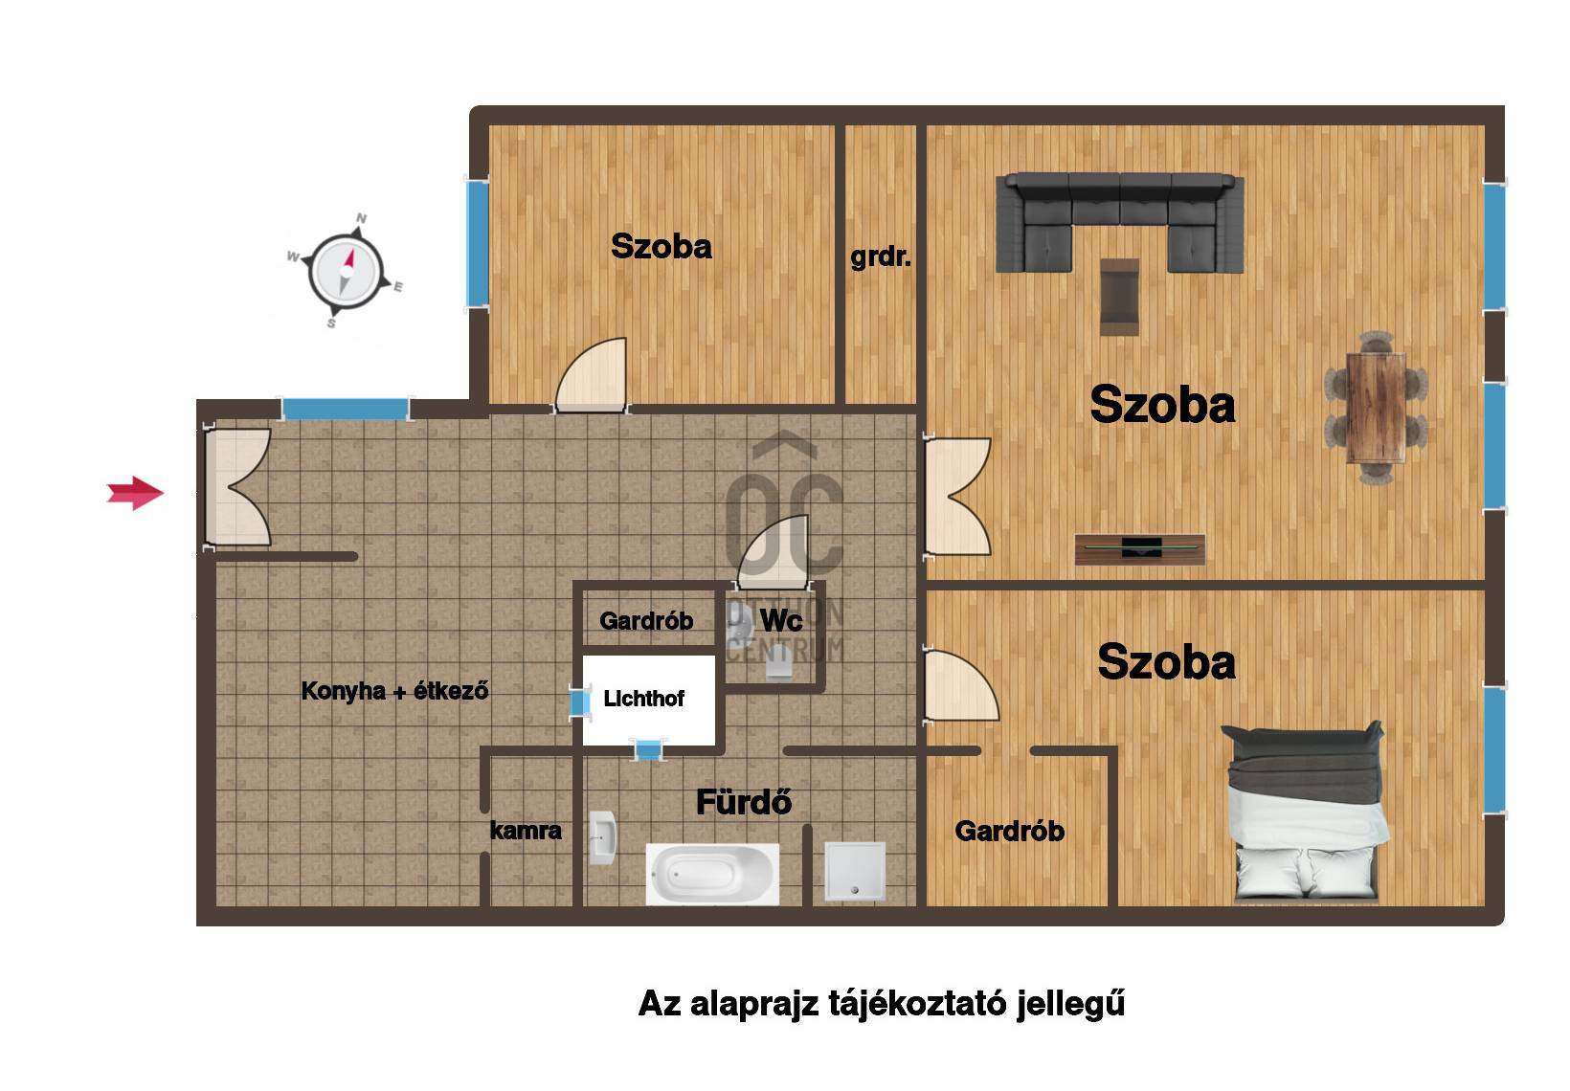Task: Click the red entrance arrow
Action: point(135,493)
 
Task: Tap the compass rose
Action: point(346,271)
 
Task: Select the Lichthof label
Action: point(643,699)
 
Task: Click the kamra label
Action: point(526,831)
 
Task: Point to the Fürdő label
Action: point(744,802)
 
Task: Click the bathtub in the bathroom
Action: point(712,874)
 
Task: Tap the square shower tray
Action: point(855,872)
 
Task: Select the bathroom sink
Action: point(602,838)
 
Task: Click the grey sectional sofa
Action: point(1120,221)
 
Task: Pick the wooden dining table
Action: point(1376,408)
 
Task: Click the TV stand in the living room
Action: point(1140,548)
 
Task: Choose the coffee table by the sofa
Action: point(1119,297)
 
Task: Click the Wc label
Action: point(781,620)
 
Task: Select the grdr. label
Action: point(881,257)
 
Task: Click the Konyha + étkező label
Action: point(394,691)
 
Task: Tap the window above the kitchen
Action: point(346,409)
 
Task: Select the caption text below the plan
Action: point(882,1003)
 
